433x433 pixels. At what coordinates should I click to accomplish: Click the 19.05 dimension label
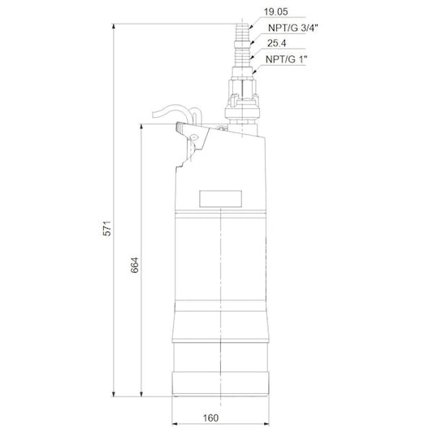[x=275, y=12]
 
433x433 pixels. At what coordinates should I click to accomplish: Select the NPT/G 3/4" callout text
[x=293, y=28]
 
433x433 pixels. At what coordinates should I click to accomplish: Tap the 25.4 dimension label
[x=277, y=43]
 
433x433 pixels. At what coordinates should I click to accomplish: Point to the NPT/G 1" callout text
[x=287, y=59]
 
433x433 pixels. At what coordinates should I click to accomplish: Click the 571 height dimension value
[x=106, y=228]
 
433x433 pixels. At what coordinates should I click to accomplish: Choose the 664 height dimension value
[x=135, y=266]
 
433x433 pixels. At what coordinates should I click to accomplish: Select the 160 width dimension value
[x=210, y=418]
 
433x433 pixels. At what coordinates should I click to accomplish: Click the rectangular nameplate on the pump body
[x=221, y=198]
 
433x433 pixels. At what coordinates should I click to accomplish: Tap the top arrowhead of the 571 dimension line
[x=113, y=27]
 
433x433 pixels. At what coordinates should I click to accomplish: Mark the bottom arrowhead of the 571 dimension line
[x=113, y=394]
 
